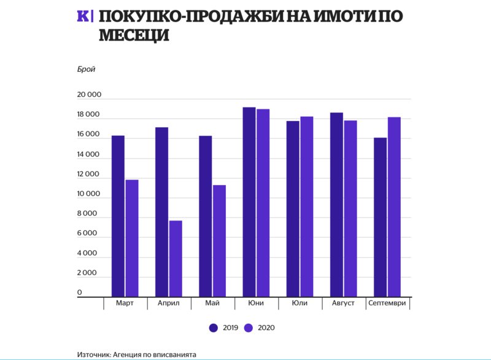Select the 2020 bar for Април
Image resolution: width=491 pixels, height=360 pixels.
click(176, 259)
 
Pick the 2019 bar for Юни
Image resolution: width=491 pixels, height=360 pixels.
click(249, 202)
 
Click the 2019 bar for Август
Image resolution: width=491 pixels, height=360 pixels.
click(336, 205)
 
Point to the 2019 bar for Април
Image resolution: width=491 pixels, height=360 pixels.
click(161, 212)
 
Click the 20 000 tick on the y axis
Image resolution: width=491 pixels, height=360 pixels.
click(88, 95)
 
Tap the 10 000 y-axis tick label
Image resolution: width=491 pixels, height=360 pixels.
click(88, 194)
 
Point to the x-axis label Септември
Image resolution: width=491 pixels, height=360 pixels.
click(387, 303)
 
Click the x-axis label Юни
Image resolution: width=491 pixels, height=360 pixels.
click(256, 303)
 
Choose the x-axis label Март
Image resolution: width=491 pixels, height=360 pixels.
click(125, 303)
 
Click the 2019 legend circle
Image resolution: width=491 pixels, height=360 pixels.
click(214, 327)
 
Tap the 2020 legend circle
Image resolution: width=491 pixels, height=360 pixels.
click(249, 327)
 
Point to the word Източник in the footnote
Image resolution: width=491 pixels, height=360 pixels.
click(96, 354)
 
